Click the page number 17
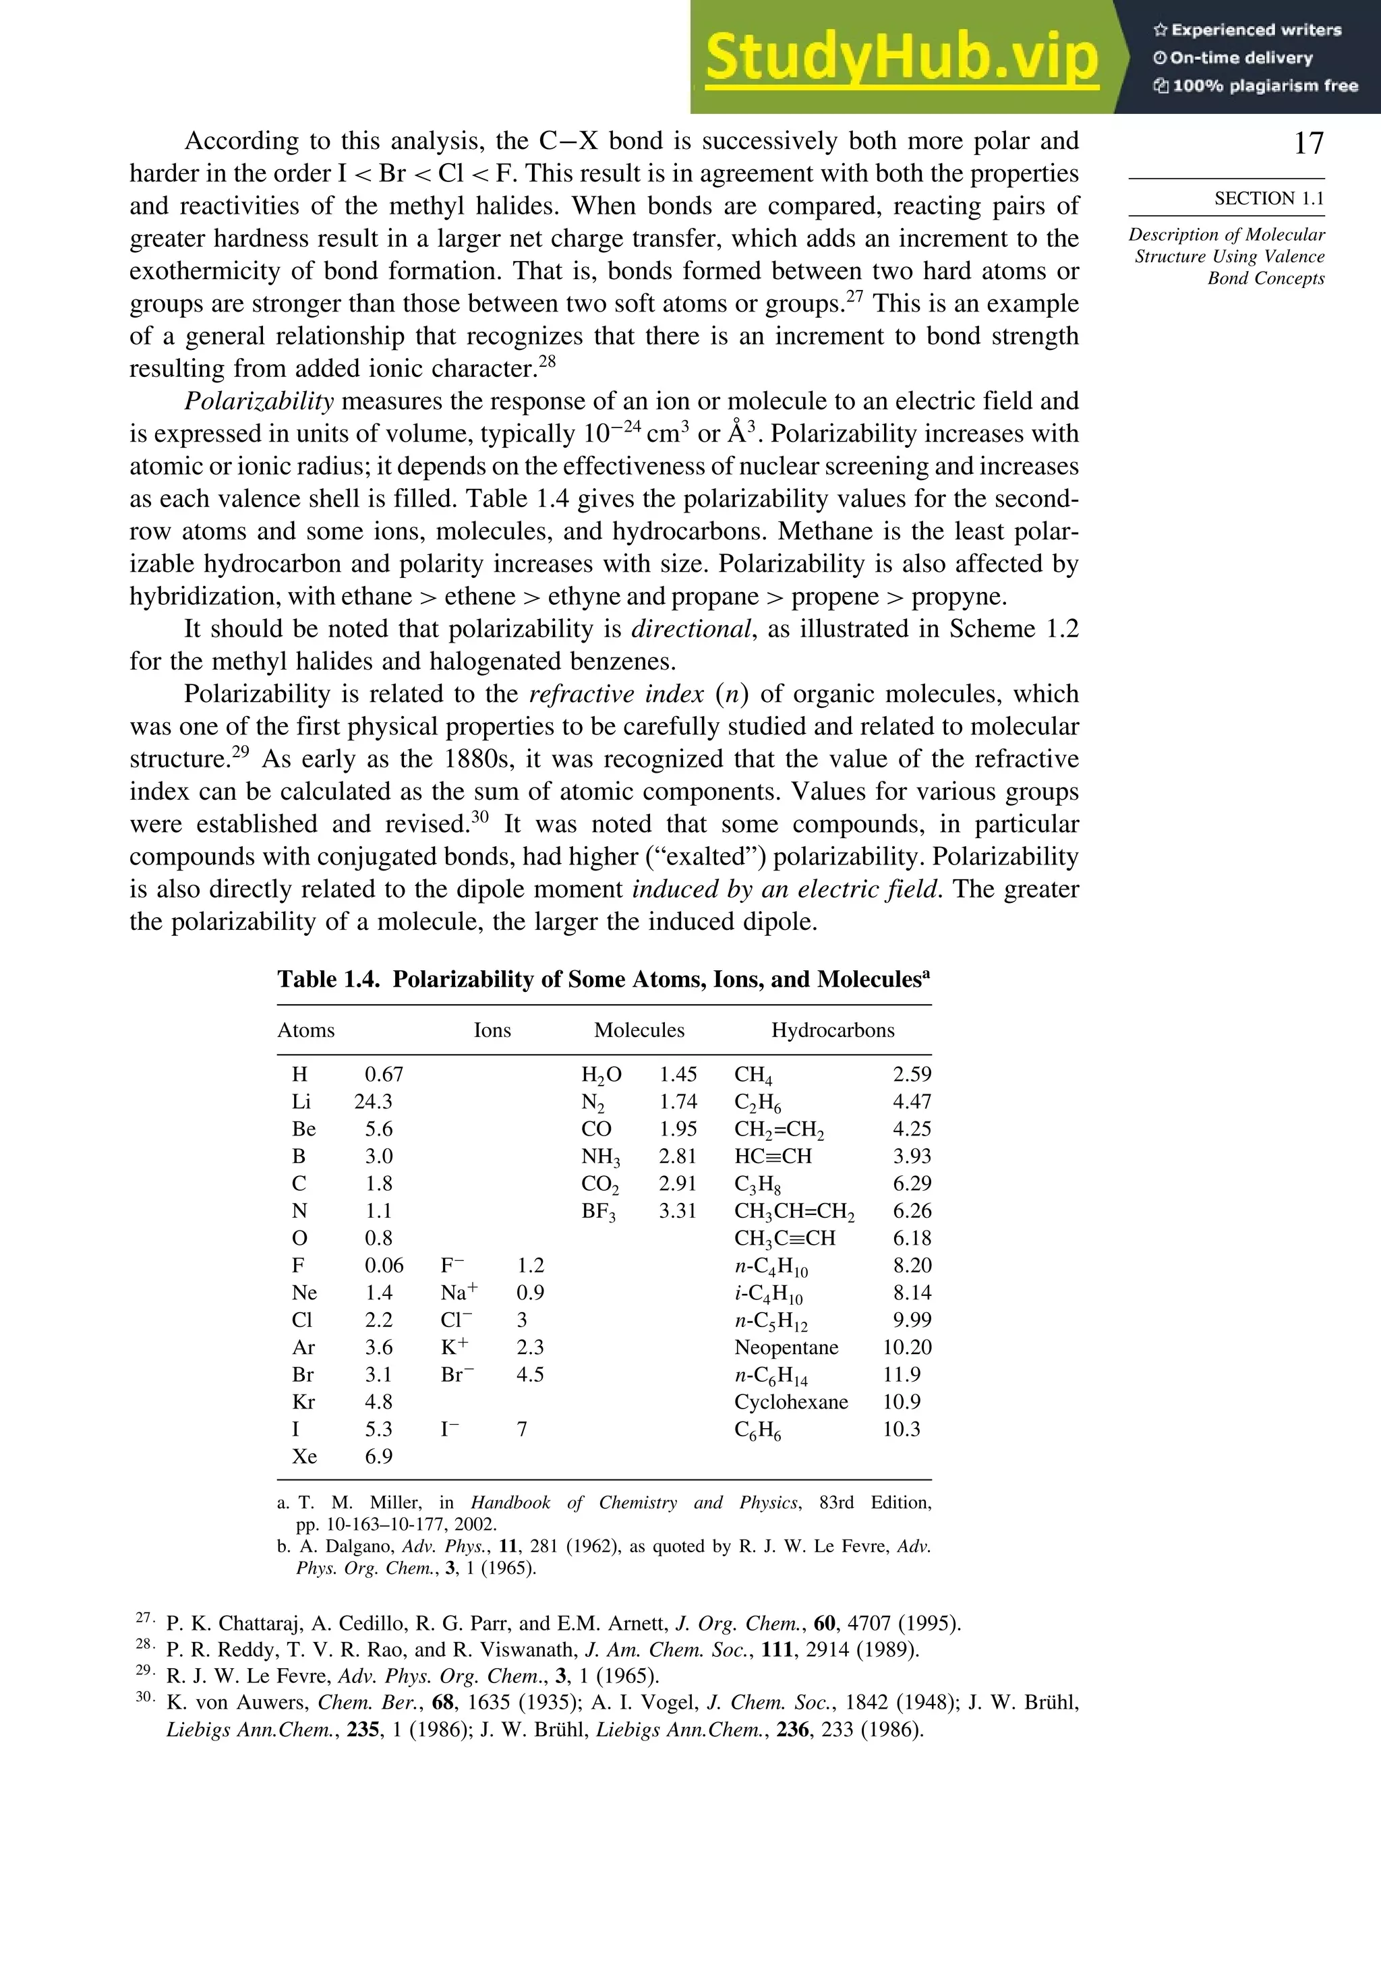[x=1308, y=143]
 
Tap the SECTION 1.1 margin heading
[x=1268, y=198]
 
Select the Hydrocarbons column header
[x=832, y=1030]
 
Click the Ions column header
[x=492, y=1030]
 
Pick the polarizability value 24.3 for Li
[x=373, y=1102]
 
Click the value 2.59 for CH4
[x=912, y=1074]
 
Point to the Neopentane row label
[x=786, y=1347]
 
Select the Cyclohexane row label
[x=790, y=1402]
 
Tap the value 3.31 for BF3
[x=677, y=1211]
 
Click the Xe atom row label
[x=304, y=1456]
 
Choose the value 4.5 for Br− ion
[x=530, y=1375]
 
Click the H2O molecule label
[x=601, y=1075]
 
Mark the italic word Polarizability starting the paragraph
[x=259, y=401]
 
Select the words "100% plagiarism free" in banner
[x=1264, y=86]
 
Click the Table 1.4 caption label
[x=328, y=980]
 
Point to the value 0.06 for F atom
[x=383, y=1266]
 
